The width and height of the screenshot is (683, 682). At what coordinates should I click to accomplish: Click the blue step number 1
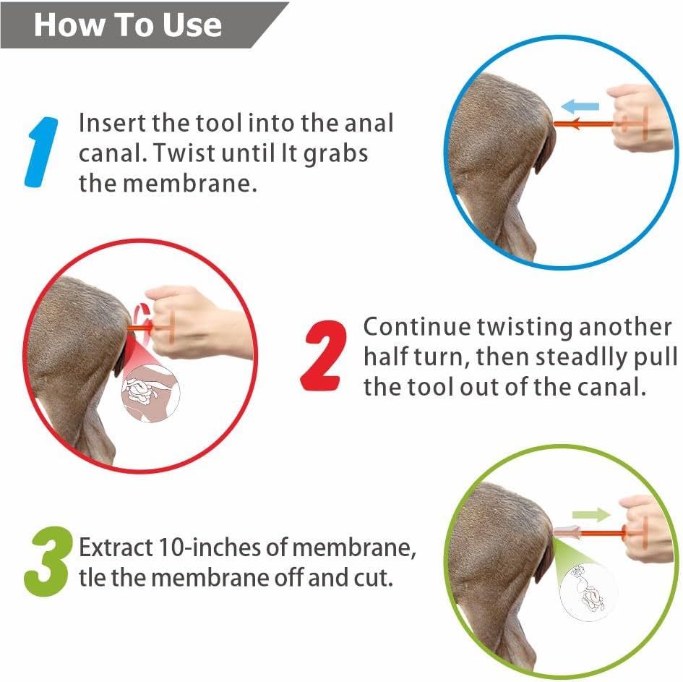(x=41, y=152)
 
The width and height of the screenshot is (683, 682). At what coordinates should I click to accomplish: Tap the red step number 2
(x=324, y=355)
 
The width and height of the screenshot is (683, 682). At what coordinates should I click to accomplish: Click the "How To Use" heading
(x=128, y=25)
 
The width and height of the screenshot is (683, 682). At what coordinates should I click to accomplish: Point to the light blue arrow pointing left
(x=580, y=106)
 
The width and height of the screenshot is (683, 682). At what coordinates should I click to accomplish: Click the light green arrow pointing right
(x=591, y=515)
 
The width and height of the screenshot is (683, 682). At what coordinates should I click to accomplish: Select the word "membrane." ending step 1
(x=190, y=184)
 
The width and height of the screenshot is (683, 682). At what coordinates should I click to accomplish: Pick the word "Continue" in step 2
(x=417, y=327)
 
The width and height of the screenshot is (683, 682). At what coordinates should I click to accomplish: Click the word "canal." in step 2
(x=611, y=387)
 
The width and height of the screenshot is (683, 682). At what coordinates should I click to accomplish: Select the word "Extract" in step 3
(x=116, y=547)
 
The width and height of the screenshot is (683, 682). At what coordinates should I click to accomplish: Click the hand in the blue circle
(x=638, y=116)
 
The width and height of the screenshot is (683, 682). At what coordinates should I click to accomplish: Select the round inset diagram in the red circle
(x=151, y=393)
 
